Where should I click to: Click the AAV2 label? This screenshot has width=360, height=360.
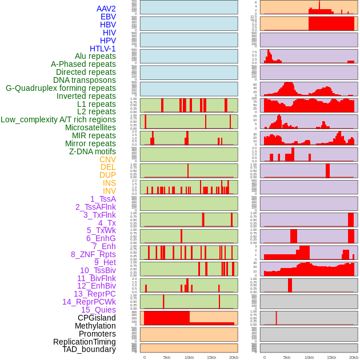[106, 9]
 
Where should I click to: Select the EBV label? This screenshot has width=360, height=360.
[108, 17]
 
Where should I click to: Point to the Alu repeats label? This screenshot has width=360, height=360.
[95, 56]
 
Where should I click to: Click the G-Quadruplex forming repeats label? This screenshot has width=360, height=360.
[61, 88]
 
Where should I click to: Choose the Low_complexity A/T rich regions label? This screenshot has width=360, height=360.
[58, 119]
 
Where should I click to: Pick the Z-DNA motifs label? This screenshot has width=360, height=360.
[93, 151]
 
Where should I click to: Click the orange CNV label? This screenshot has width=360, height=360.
[107, 159]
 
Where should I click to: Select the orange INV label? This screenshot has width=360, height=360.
[109, 191]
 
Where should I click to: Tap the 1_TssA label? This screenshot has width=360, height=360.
[103, 199]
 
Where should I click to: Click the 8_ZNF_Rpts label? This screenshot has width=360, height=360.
[93, 254]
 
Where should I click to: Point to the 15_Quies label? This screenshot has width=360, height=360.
[98, 310]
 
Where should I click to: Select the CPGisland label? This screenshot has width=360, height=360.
[97, 318]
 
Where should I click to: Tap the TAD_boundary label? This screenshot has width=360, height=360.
[89, 349]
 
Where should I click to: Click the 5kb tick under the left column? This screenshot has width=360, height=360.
[167, 357]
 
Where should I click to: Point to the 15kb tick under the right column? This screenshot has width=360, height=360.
[331, 357]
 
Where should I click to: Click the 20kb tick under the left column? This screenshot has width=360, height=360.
[234, 357]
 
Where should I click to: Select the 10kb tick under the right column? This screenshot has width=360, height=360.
[309, 357]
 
